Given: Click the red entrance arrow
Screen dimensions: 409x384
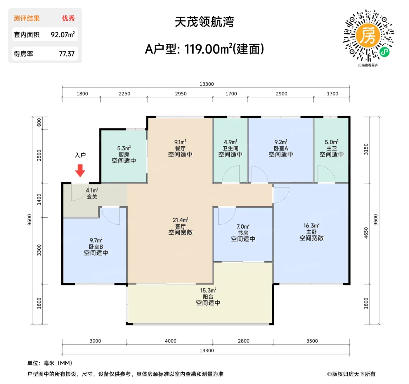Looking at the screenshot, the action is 80,170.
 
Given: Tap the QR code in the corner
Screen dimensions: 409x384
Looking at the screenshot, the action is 368,35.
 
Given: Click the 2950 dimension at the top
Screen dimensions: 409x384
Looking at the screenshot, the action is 181,94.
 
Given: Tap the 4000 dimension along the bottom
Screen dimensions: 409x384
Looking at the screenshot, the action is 171,341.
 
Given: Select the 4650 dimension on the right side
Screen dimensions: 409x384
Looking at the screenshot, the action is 366,233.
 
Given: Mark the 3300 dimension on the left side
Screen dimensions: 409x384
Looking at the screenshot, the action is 39,250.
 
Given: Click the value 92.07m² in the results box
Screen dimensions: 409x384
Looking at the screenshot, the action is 63,35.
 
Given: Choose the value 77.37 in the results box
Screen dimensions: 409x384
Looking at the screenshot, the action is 67,54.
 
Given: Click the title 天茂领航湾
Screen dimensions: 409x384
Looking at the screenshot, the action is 204,22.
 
